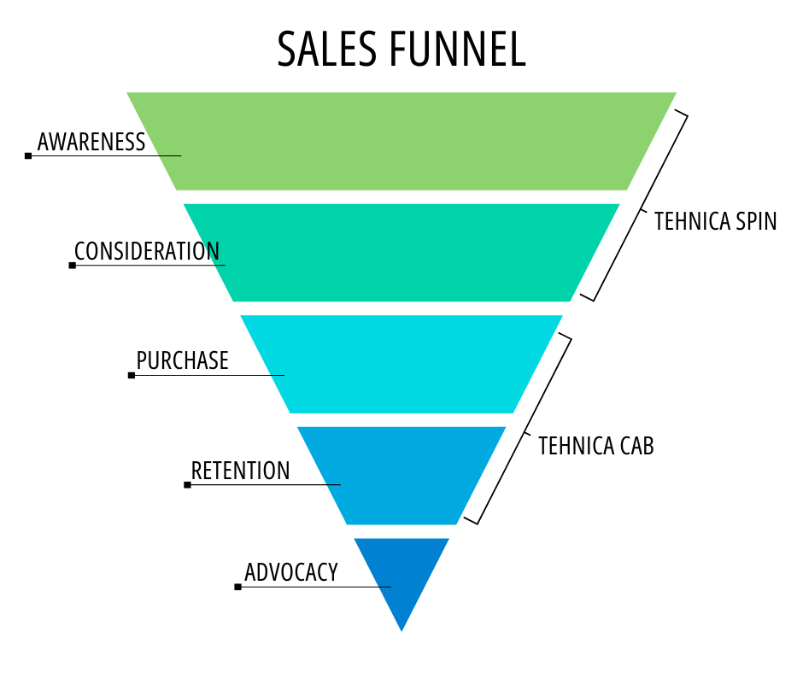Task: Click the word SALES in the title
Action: click(326, 50)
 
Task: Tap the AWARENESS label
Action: click(91, 142)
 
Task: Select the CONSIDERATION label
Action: click(147, 251)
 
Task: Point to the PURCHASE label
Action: click(183, 360)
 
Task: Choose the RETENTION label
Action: click(240, 471)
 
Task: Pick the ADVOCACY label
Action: click(291, 572)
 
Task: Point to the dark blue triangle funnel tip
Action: click(401, 572)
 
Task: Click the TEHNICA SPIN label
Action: click(715, 221)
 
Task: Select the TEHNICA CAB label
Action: click(595, 446)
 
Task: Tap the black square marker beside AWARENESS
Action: click(28, 155)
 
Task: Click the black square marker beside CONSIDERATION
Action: click(73, 265)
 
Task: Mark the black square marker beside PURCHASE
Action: click(132, 375)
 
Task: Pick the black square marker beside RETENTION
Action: click(187, 484)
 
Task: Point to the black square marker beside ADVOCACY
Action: click(237, 587)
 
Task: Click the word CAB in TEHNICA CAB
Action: click(635, 446)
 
